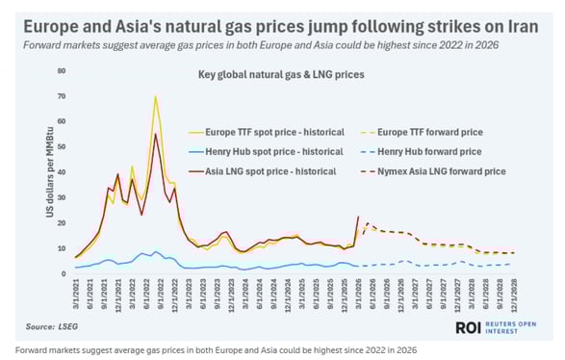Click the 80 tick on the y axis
point(61,71)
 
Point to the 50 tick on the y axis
point(61,147)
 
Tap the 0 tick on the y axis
point(63,273)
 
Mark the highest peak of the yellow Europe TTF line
point(155,96)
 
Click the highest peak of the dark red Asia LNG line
point(156,134)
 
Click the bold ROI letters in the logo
point(471,327)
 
